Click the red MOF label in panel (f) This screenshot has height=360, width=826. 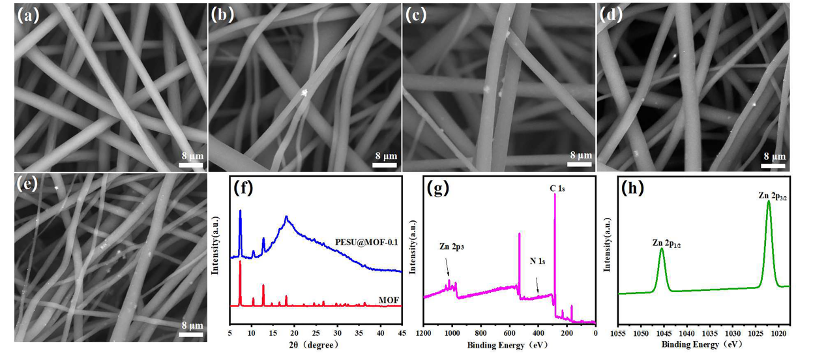coord(389,300)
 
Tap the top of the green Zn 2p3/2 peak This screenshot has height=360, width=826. coord(769,201)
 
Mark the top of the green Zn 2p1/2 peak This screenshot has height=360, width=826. coord(662,248)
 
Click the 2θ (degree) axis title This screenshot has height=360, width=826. coord(316,344)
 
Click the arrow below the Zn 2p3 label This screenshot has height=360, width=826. coord(447,267)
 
